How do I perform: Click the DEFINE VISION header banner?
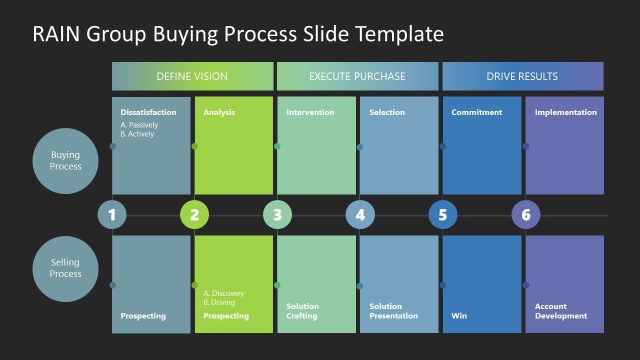point(192,76)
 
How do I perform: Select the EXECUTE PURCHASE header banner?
point(357,76)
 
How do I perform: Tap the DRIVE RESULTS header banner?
point(522,76)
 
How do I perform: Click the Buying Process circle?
point(66,160)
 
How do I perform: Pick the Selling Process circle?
point(66,267)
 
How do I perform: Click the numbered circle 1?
point(112,215)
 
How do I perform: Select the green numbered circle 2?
point(194,215)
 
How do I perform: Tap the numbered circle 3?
point(277,215)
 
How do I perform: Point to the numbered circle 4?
point(360,215)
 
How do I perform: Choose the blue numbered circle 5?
point(443,215)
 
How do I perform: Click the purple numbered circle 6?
point(525,215)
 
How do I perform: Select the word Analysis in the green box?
point(219,113)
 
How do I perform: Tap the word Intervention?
point(310,113)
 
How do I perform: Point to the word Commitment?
point(476,113)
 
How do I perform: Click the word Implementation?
point(565,113)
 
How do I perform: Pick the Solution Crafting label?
point(303,311)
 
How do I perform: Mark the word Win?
point(459,316)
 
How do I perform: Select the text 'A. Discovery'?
point(223,293)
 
